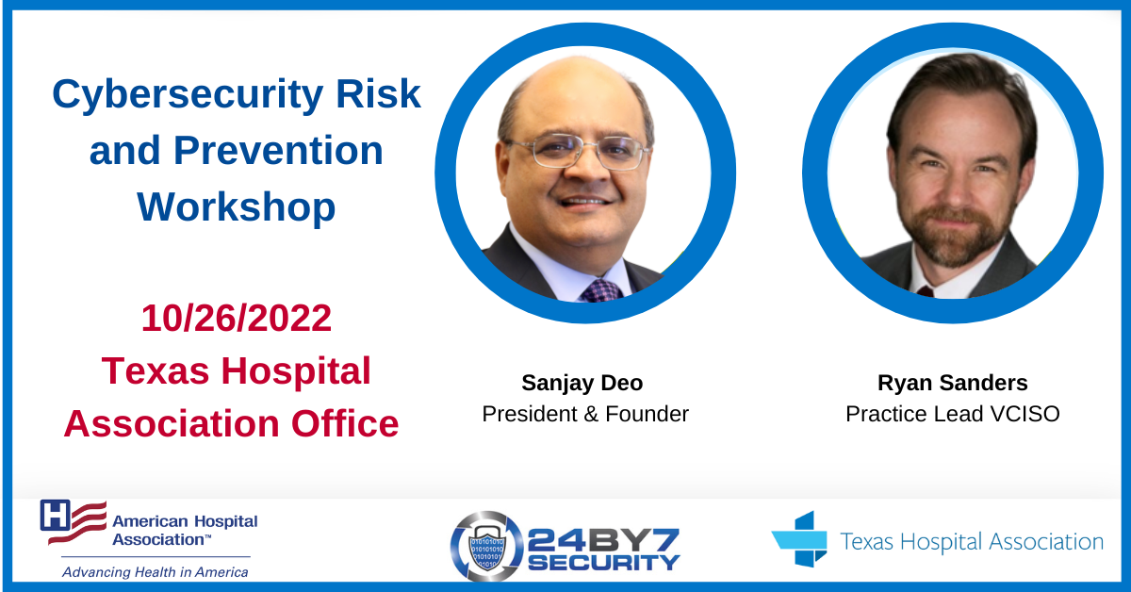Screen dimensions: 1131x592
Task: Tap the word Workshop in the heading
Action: click(237, 207)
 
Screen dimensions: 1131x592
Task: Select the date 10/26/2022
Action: click(237, 319)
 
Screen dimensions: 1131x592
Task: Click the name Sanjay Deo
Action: click(582, 384)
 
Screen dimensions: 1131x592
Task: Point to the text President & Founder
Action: click(585, 414)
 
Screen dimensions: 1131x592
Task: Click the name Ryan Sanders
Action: click(952, 383)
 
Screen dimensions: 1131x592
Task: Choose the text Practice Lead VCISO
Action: click(952, 414)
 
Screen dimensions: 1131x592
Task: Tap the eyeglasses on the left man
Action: click(576, 151)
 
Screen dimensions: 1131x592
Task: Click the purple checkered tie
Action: click(602, 291)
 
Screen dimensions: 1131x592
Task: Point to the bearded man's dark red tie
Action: click(925, 291)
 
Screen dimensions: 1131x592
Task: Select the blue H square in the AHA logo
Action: click(55, 516)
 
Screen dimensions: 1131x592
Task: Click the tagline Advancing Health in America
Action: click(156, 572)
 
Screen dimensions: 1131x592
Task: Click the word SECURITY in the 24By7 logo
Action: click(604, 563)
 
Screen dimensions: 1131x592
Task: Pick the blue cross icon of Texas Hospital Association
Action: click(800, 539)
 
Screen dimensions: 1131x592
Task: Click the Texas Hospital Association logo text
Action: click(972, 541)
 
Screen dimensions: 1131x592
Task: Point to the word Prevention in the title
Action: click(278, 152)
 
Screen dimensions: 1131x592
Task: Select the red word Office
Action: click(345, 423)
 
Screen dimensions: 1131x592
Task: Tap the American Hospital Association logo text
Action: click(185, 531)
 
